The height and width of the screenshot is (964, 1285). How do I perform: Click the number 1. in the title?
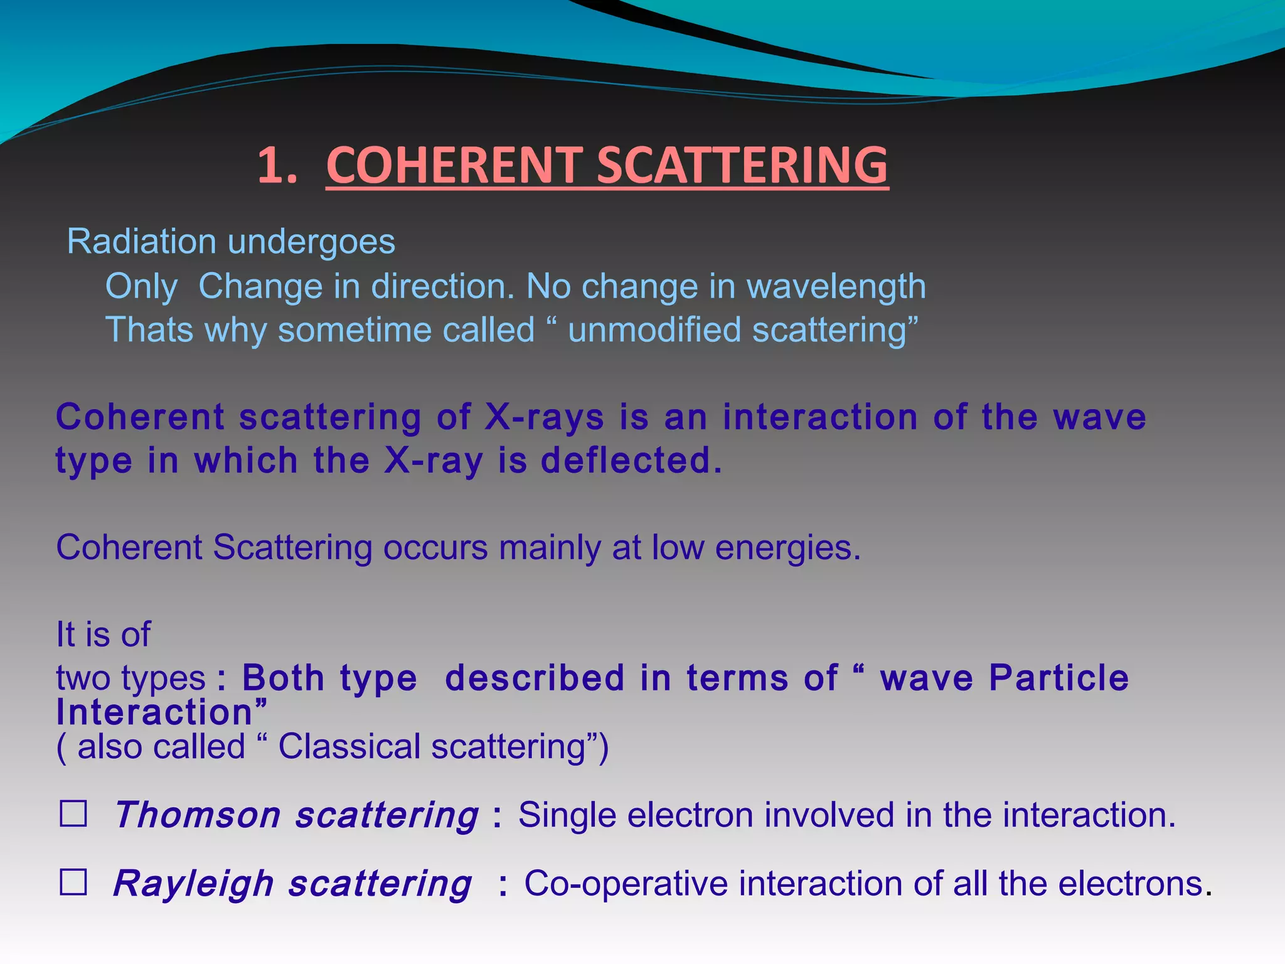click(x=277, y=165)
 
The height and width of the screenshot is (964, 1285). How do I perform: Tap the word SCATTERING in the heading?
click(x=742, y=165)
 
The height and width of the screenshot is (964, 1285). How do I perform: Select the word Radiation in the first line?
click(x=141, y=242)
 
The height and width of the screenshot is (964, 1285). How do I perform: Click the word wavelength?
click(x=836, y=287)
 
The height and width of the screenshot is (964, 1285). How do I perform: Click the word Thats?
click(x=149, y=330)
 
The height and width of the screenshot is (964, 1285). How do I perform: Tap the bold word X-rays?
click(x=545, y=417)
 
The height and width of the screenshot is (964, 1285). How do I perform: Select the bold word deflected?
click(x=631, y=461)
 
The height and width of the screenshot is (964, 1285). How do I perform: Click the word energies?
click(x=788, y=548)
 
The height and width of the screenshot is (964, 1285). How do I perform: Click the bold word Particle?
click(x=1058, y=678)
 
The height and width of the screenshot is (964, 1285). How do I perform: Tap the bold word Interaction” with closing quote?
click(x=162, y=713)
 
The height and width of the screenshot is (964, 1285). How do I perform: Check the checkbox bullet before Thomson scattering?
click(x=73, y=814)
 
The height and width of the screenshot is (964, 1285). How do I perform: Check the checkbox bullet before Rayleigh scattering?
click(x=73, y=882)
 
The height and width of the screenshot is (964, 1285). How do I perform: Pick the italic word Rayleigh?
click(x=193, y=885)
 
